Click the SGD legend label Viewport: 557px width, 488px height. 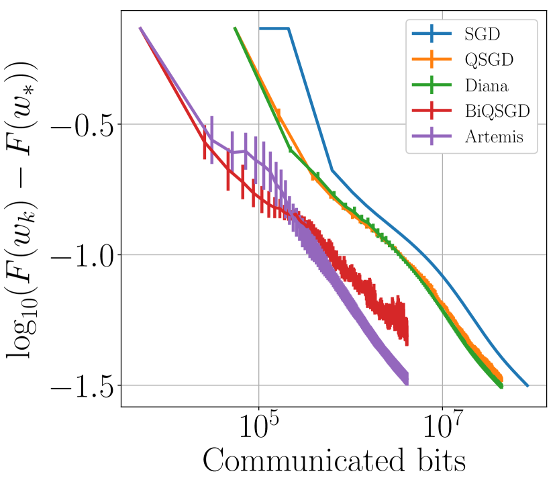coord(479,33)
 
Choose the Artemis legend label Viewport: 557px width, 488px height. coord(493,138)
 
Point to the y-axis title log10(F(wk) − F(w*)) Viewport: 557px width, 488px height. coord(26,208)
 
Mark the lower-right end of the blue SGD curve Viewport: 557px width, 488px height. coord(527,386)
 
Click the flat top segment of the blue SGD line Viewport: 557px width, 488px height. coord(274,28)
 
